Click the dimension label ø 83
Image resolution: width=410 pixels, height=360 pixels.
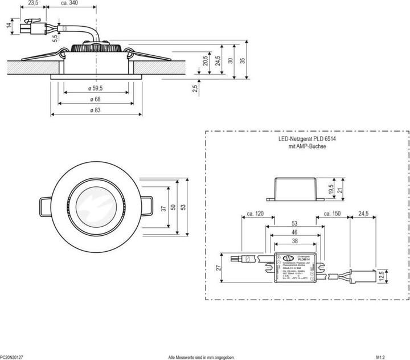(95, 111)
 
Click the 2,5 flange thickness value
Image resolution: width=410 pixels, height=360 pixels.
(195, 88)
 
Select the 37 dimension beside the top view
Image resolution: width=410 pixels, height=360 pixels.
(164, 209)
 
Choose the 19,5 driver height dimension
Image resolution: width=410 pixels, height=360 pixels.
(330, 189)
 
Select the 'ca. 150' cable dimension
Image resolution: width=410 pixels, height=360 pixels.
(331, 214)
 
